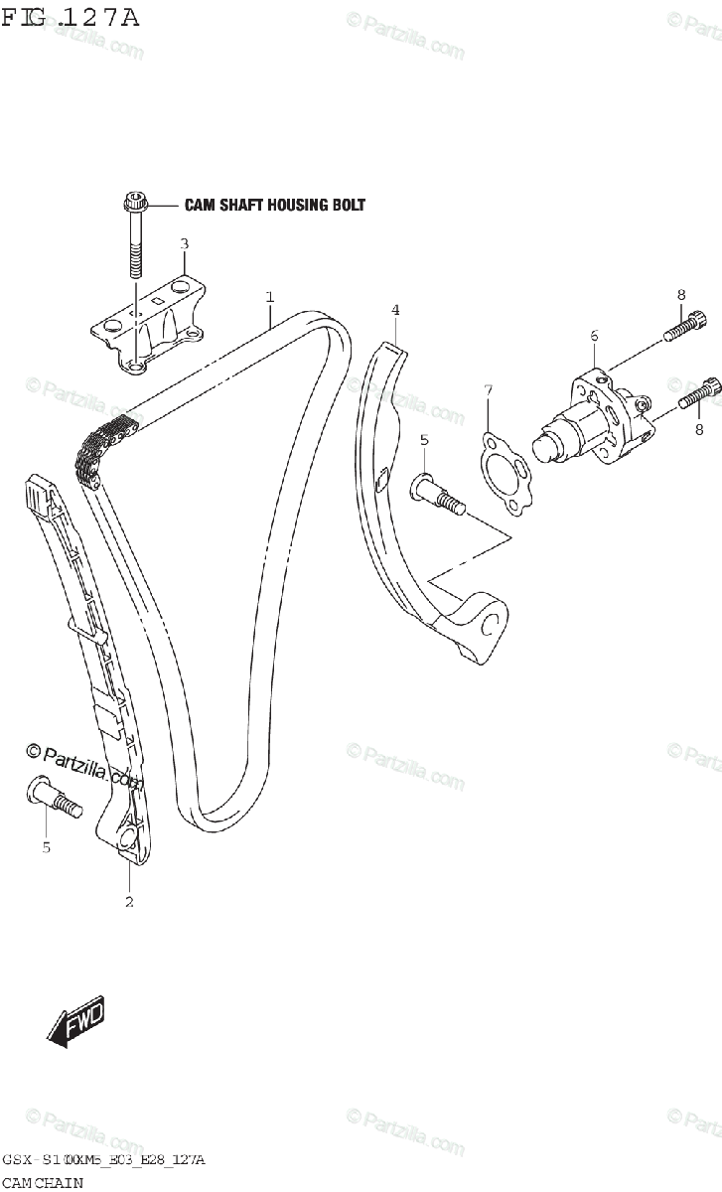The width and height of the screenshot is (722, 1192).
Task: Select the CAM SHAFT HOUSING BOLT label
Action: pos(275,206)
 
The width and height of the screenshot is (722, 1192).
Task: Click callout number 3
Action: pos(184,243)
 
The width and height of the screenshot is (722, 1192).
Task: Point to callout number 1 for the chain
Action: pos(269,296)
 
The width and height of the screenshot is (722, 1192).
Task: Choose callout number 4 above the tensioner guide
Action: pos(395,310)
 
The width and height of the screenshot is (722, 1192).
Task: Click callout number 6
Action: pos(594,337)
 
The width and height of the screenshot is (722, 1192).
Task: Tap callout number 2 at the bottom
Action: pos(129,902)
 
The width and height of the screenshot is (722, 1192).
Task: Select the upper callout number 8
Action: pos(681,294)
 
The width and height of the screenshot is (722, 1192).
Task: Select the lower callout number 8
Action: pos(699,429)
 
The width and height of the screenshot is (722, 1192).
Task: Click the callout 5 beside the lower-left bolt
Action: pos(45,847)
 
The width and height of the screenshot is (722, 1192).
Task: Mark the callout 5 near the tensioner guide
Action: pos(423,439)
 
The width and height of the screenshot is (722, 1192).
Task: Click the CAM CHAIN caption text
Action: pos(42,1182)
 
